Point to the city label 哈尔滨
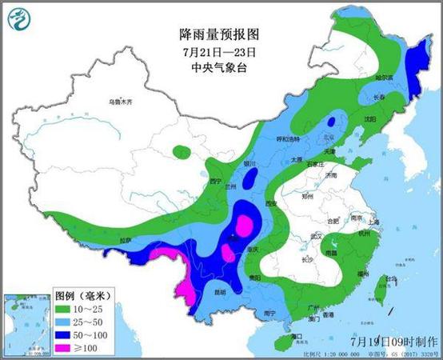(x=385, y=78)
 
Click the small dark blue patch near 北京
(x=329, y=122)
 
